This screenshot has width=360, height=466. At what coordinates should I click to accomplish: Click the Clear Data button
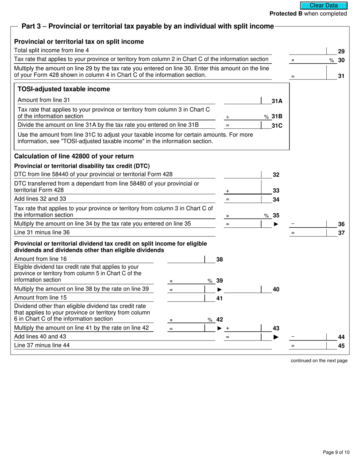[x=324, y=6]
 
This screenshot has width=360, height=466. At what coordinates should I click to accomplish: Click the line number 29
[x=341, y=51]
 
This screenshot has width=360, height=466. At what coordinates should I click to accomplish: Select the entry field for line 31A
[x=243, y=100]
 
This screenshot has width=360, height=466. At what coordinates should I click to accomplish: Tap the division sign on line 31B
[x=227, y=117]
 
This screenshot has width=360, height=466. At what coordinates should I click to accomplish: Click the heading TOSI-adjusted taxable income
[x=64, y=89]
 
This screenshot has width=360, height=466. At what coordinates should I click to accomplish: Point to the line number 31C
[x=277, y=125]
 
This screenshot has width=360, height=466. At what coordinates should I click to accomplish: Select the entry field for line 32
[x=243, y=174]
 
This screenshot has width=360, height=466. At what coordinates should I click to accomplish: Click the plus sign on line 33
[x=227, y=191]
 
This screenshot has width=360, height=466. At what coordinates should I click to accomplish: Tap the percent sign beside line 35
[x=266, y=216]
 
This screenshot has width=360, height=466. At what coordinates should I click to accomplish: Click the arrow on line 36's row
[x=276, y=224]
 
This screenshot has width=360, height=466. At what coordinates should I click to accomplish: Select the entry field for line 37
[x=308, y=233]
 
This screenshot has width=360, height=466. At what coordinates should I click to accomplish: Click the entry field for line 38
[x=186, y=260]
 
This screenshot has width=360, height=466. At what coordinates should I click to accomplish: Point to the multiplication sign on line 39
[x=171, y=281]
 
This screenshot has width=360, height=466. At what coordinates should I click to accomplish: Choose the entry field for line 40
[x=243, y=289]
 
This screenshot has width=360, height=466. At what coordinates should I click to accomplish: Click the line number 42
[x=220, y=320]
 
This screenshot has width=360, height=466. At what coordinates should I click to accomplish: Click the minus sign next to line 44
[x=293, y=336]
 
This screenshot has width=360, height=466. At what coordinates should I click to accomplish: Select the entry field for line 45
[x=308, y=345]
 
